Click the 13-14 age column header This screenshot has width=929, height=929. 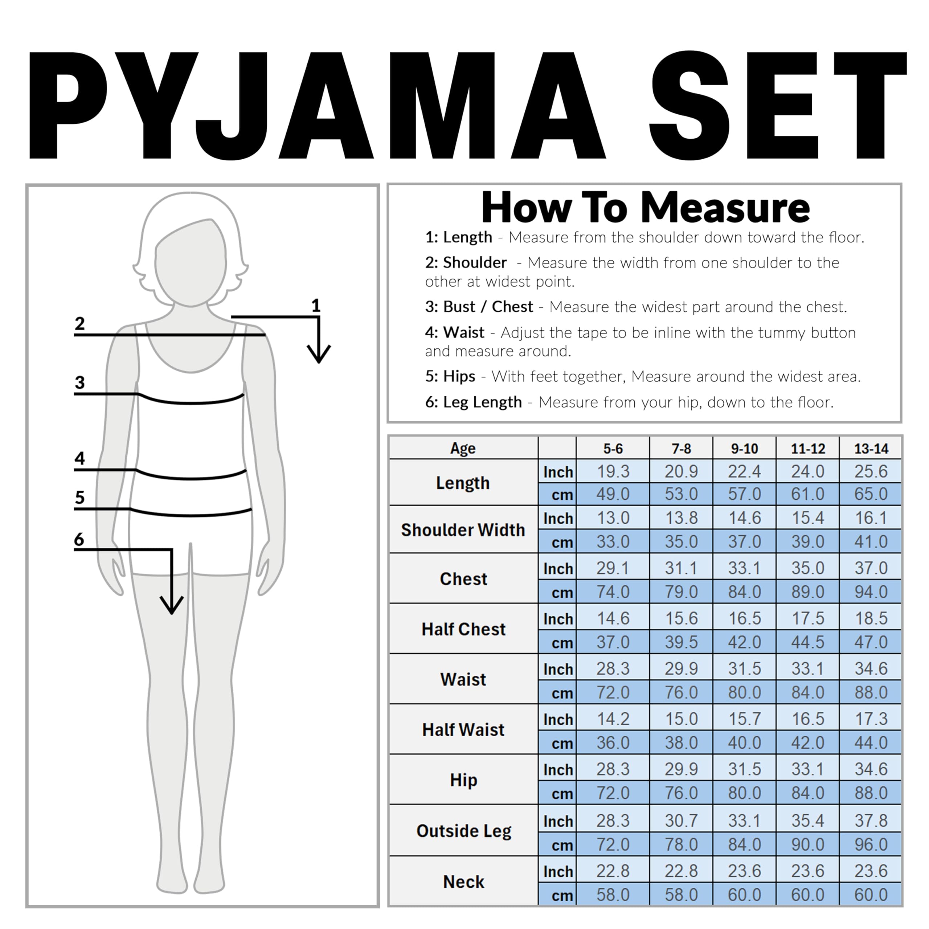871,449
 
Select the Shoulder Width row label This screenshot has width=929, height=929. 463,530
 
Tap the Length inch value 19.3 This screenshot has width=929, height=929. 613,471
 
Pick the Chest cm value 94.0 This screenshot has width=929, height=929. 871,592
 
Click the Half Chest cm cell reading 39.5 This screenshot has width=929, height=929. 681,642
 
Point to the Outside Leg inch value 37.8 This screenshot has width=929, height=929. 871,820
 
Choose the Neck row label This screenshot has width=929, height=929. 463,882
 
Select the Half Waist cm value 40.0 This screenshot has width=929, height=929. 744,742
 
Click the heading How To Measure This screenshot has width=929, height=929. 645,208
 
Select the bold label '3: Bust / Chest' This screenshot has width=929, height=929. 479,307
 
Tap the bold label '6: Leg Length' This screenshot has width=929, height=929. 473,402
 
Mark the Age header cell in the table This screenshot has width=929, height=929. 463,448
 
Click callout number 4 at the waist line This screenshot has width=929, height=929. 79,458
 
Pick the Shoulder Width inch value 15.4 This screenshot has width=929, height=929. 808,518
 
